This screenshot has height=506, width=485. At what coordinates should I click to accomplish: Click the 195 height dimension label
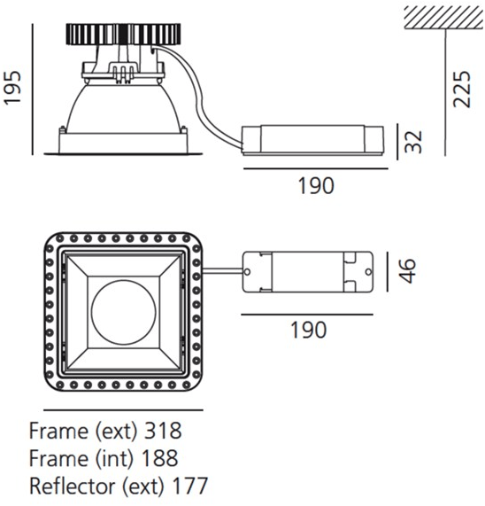point(12,88)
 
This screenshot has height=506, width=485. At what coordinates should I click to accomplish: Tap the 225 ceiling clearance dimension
point(461,90)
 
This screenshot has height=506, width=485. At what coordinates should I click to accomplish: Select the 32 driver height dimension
point(413,142)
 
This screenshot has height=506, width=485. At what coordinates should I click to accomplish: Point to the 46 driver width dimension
point(407,271)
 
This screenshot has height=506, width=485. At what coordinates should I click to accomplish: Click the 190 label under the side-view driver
point(316,186)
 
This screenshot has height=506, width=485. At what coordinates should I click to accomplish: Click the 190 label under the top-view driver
point(308,330)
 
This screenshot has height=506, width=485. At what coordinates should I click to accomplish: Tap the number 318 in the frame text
point(163,431)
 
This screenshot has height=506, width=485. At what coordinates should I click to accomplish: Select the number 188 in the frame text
point(160,458)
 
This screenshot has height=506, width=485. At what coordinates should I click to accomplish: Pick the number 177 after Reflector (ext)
point(190,486)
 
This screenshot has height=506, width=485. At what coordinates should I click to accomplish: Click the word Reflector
point(73,486)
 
